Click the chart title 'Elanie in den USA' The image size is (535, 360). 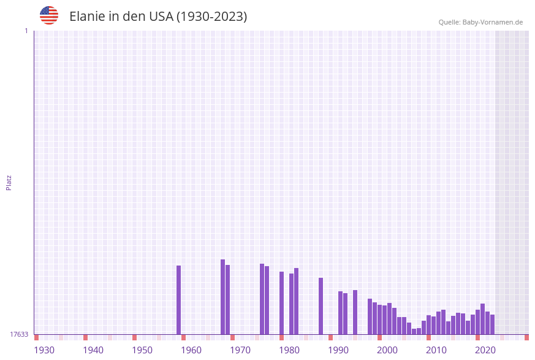tap(158, 17)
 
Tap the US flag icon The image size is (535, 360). tap(49, 15)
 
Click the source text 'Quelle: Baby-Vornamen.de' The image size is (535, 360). tap(480, 22)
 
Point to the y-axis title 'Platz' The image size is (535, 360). tap(9, 182)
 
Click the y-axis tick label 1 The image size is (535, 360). tap(26, 31)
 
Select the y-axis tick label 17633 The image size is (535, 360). tap(19, 334)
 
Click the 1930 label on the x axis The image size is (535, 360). tap(44, 350)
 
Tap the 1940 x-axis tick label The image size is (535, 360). tap(93, 350)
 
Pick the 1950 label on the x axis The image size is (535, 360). tap(142, 350)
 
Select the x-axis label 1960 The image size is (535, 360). tap(191, 350)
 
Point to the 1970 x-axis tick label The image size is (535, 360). tap(240, 350)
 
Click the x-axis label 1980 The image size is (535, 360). tap(289, 350)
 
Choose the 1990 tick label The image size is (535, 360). tap(338, 350)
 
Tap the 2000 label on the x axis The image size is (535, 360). tap(387, 350)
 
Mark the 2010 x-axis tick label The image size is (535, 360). tap(436, 350)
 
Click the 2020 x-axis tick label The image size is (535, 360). tap(485, 350)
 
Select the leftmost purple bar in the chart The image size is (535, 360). tap(179, 300)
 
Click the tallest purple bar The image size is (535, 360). tap(223, 297)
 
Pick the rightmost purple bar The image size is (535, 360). tap(493, 324)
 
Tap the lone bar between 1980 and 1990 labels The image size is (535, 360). tap(321, 306)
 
